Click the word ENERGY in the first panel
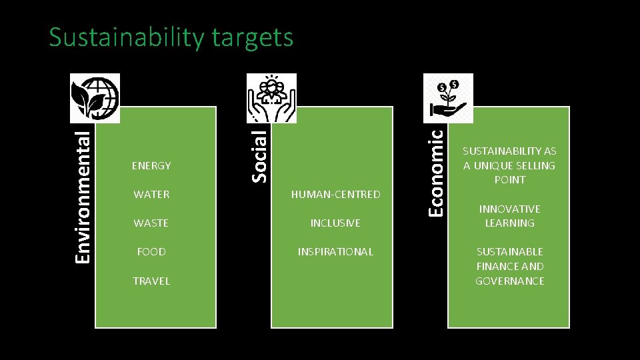pyautogui.click(x=151, y=165)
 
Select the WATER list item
pyautogui.click(x=151, y=194)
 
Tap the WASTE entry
pyautogui.click(x=151, y=223)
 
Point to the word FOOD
pyautogui.click(x=151, y=251)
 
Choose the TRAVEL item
pyautogui.click(x=151, y=281)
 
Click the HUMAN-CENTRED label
pyautogui.click(x=335, y=194)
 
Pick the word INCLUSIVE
pyautogui.click(x=335, y=223)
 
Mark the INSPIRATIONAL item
pyautogui.click(x=335, y=251)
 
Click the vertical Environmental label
pyautogui.click(x=83, y=196)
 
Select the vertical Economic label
pyautogui.click(x=435, y=171)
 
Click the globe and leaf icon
pyautogui.click(x=95, y=98)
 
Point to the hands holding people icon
pyautogui.click(x=271, y=98)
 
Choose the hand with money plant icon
pyautogui.click(x=448, y=98)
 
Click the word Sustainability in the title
pyautogui.click(x=126, y=37)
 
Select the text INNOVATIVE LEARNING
pyautogui.click(x=509, y=216)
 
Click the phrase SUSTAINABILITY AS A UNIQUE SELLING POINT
pyautogui.click(x=509, y=165)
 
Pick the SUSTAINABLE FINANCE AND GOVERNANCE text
pyautogui.click(x=509, y=266)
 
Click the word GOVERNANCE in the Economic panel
pyautogui.click(x=509, y=281)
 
